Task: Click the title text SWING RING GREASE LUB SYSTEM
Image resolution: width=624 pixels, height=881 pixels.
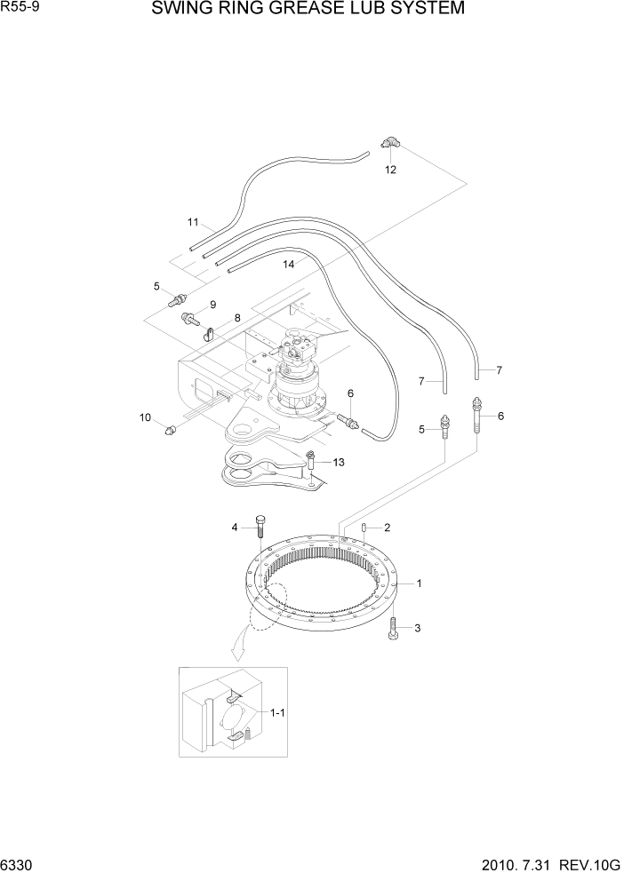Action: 308,10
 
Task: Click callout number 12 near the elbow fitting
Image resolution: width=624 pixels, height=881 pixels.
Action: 389,169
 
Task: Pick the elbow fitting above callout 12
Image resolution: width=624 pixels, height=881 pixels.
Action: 390,143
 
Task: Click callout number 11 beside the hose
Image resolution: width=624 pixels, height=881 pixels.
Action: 192,222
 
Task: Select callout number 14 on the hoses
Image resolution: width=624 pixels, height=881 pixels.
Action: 288,264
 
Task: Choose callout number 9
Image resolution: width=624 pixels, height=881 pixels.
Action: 212,305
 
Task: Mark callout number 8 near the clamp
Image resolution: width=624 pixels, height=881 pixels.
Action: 237,318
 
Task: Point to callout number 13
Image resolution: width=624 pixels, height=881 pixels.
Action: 339,462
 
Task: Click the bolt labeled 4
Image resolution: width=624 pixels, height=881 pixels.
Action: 260,527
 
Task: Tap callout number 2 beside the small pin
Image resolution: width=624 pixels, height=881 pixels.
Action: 387,528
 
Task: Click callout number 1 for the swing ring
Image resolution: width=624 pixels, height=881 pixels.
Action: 418,583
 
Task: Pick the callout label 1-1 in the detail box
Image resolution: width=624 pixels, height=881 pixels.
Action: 277,712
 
